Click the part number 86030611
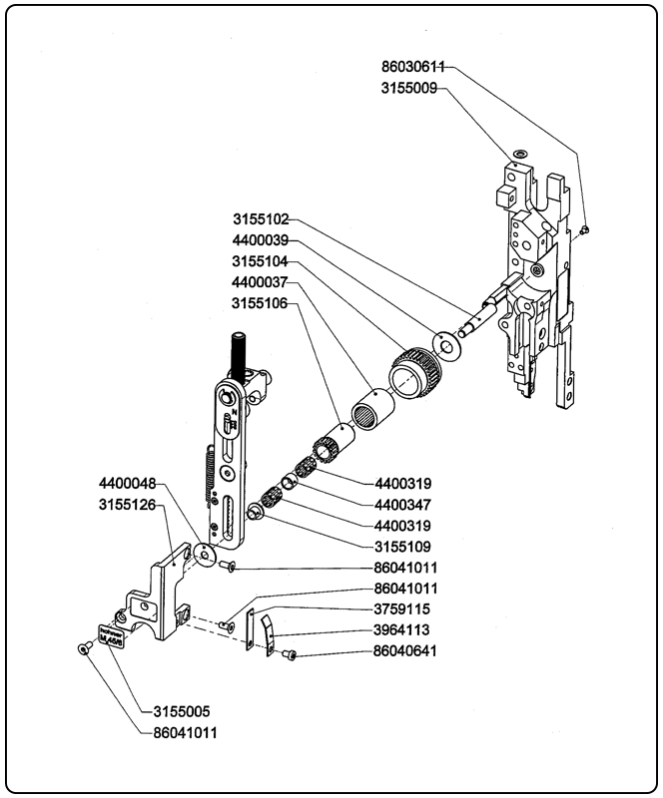[x=413, y=67]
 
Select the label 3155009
[x=409, y=88]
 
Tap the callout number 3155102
[x=262, y=218]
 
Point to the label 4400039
[x=262, y=240]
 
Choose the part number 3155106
[x=262, y=302]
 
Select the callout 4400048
[x=127, y=484]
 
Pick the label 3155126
[x=127, y=505]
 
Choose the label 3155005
[x=181, y=712]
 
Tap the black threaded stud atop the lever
[x=241, y=353]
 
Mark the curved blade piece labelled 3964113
[x=268, y=634]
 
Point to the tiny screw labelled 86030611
[x=586, y=228]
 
